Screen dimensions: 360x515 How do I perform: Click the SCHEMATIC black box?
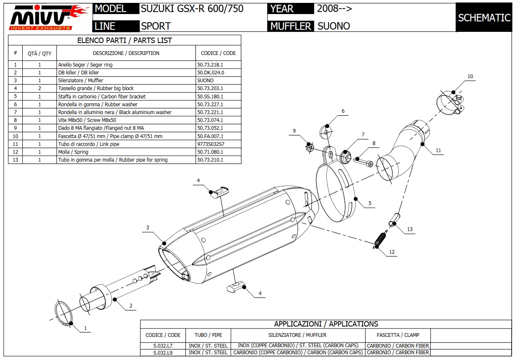pos(484,17)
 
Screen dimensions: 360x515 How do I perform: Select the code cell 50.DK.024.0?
pos(211,72)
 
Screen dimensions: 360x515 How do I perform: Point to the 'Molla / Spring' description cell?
pos(73,152)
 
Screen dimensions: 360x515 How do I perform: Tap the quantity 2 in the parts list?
pos(40,88)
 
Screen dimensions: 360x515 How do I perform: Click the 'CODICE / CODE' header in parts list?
pos(218,53)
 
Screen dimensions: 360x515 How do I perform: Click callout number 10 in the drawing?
pos(470,76)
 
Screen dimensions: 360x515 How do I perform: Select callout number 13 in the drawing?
pos(410,229)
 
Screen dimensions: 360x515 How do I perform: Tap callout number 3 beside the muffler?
pos(147,228)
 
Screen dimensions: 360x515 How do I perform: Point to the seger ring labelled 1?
pos(64,314)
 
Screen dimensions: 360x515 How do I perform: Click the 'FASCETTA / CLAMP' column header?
pos(398,335)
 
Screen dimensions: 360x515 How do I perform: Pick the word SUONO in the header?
pos(334,26)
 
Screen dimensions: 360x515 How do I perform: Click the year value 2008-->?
pos(335,9)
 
